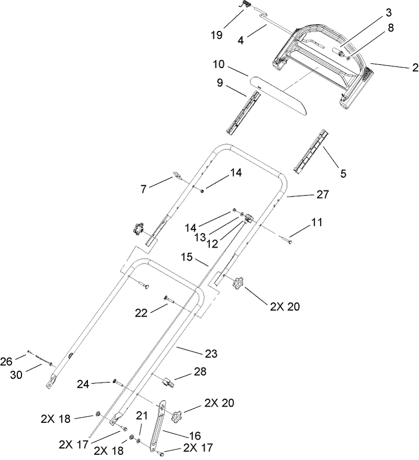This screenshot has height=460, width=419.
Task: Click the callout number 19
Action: coord(216,35)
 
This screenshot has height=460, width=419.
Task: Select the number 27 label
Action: coord(322,195)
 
